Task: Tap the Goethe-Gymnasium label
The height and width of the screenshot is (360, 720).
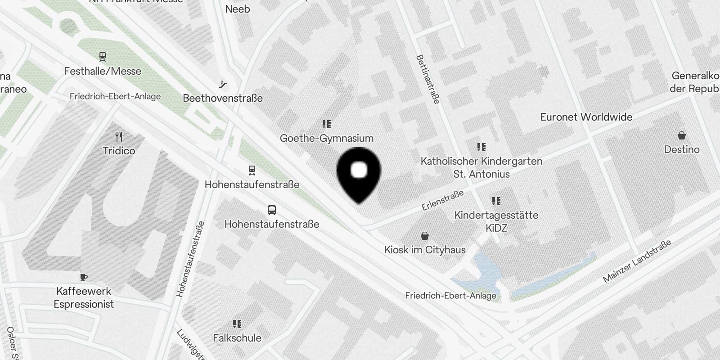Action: (x=327, y=138)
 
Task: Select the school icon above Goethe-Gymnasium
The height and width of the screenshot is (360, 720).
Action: (x=327, y=124)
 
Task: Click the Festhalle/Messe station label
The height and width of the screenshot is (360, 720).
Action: (x=103, y=71)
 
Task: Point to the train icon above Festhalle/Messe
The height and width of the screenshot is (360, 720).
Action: (x=103, y=57)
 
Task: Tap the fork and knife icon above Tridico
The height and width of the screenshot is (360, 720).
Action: (x=119, y=136)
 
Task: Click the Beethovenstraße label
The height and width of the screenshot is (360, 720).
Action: (x=223, y=98)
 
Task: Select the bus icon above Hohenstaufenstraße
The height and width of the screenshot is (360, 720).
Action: (x=272, y=210)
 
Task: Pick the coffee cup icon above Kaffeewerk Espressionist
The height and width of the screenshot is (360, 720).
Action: (x=84, y=277)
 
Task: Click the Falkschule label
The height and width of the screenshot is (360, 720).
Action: (x=237, y=337)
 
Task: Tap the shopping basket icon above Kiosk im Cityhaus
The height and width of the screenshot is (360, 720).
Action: (x=424, y=236)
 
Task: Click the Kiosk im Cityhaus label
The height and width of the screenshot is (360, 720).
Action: (x=425, y=250)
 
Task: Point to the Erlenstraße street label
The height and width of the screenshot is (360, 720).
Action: (x=443, y=200)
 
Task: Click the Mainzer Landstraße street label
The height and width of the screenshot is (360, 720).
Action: (x=637, y=261)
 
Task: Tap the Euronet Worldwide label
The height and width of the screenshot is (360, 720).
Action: (x=586, y=117)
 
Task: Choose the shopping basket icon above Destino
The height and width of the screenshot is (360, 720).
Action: (x=682, y=135)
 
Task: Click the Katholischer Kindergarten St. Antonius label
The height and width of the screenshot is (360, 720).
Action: (x=481, y=167)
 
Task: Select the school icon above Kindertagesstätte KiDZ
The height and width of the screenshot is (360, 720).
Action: (x=496, y=201)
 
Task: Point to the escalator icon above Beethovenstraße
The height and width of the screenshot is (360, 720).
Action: (x=223, y=84)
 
